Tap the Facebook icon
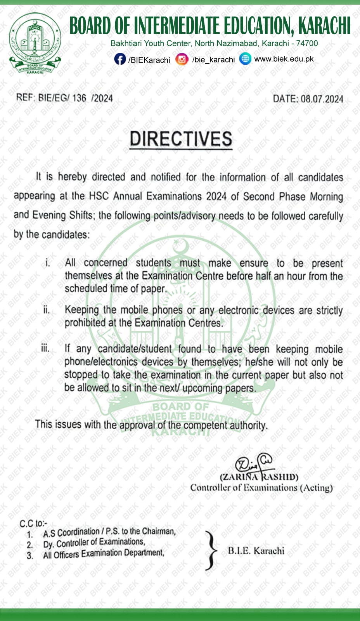click(x=120, y=59)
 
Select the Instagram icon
click(x=182, y=59)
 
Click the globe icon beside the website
click(x=245, y=59)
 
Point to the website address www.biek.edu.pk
click(x=284, y=59)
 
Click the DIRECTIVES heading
click(x=181, y=139)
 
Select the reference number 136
click(x=79, y=97)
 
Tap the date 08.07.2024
click(x=322, y=99)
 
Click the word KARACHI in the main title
click(x=324, y=26)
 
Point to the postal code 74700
click(x=307, y=43)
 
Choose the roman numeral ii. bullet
click(x=46, y=310)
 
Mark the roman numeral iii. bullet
click(x=45, y=348)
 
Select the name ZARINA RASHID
click(x=259, y=477)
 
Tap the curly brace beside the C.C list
click(x=211, y=550)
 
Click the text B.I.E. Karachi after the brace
click(x=256, y=550)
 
